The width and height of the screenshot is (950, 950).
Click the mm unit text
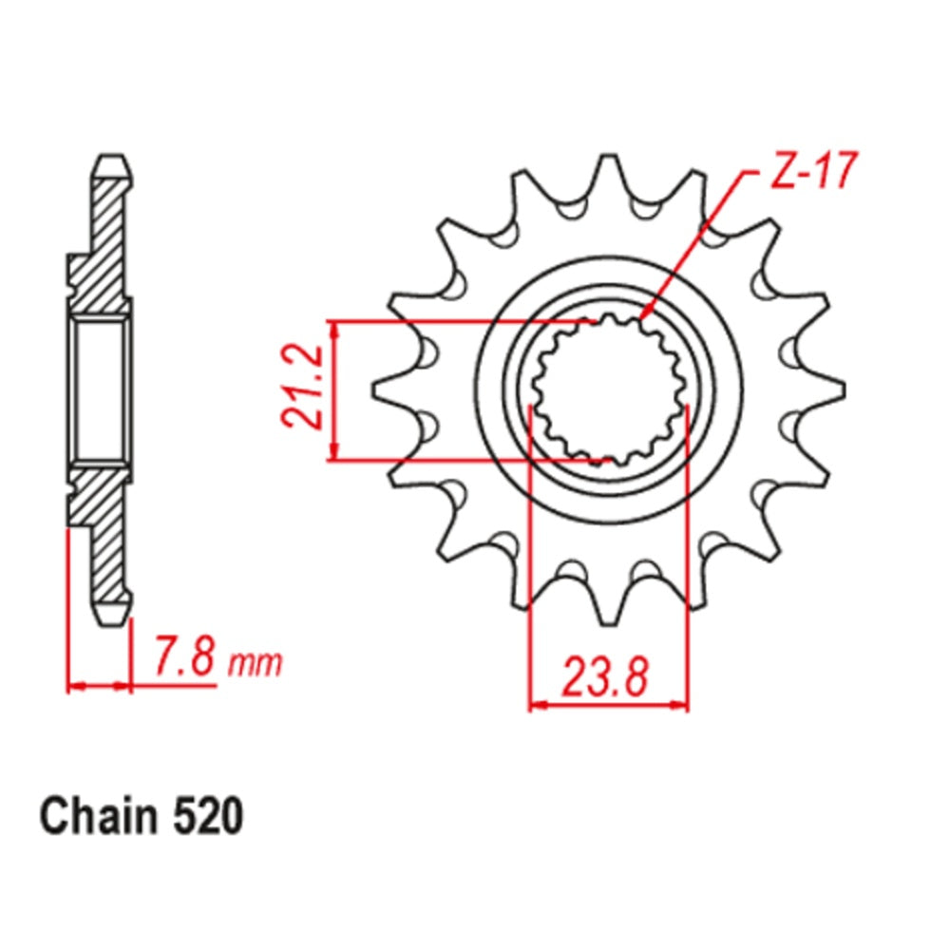256,663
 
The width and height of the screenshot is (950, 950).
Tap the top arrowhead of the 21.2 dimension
333,329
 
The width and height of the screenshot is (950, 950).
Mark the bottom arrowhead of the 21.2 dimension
333,454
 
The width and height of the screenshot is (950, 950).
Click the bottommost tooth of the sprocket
607,608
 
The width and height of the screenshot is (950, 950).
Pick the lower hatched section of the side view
103,532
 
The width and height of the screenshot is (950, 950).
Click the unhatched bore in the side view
100,390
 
